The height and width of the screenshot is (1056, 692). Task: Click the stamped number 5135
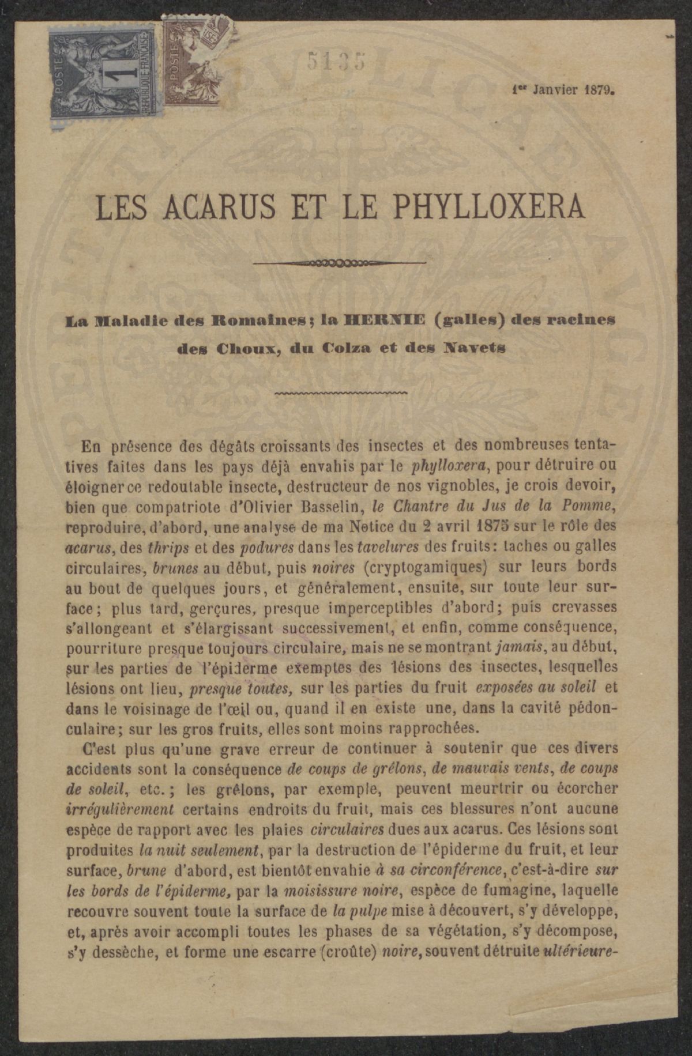point(338,61)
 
